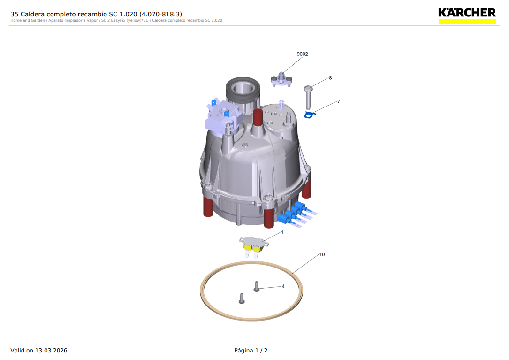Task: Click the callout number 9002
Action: (x=302, y=54)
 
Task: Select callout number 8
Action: (x=330, y=77)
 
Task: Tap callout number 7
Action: (x=338, y=101)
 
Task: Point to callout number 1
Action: (x=282, y=232)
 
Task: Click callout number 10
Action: (x=322, y=254)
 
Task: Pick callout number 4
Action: (x=283, y=286)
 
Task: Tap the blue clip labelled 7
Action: (x=309, y=115)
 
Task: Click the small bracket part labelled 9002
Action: (x=282, y=78)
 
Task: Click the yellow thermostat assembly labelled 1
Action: (x=254, y=246)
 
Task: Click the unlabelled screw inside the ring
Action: (x=242, y=298)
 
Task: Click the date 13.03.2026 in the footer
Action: (x=51, y=351)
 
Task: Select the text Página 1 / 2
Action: (x=251, y=351)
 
